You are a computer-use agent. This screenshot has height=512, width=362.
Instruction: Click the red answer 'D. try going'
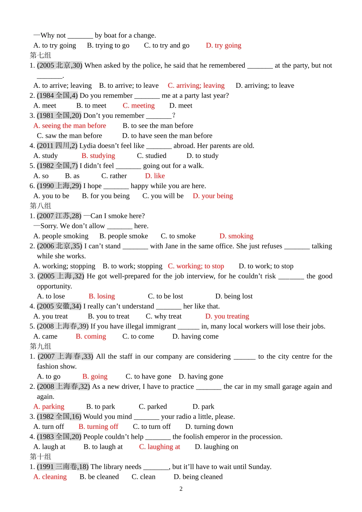223,45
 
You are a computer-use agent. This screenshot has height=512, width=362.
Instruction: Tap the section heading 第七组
40,55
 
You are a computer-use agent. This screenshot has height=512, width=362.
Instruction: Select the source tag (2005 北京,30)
59,66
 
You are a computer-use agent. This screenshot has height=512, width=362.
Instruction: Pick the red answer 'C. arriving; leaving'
196,85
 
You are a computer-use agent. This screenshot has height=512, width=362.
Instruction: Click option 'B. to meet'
91,106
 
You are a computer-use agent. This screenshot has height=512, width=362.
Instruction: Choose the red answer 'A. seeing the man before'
70,126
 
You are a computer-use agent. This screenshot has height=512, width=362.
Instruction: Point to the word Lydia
87,146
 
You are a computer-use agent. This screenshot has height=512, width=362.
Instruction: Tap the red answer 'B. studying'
98,156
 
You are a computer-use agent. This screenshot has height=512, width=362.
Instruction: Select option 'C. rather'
114,176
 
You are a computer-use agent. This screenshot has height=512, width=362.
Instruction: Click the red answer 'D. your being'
213,196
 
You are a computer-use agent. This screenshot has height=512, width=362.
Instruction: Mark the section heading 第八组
40,206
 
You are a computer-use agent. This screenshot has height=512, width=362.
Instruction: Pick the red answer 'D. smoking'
236,236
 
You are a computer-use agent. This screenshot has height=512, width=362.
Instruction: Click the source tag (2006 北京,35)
59,246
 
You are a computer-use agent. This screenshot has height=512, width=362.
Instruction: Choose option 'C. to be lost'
165,296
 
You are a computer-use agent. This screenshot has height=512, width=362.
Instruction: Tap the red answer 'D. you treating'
227,316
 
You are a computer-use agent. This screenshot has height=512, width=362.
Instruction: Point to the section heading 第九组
40,346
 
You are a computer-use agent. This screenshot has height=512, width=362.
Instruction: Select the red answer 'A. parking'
49,407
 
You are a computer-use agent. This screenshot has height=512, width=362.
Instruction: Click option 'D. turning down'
209,427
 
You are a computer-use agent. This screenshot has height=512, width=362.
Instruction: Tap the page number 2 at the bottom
181,489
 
